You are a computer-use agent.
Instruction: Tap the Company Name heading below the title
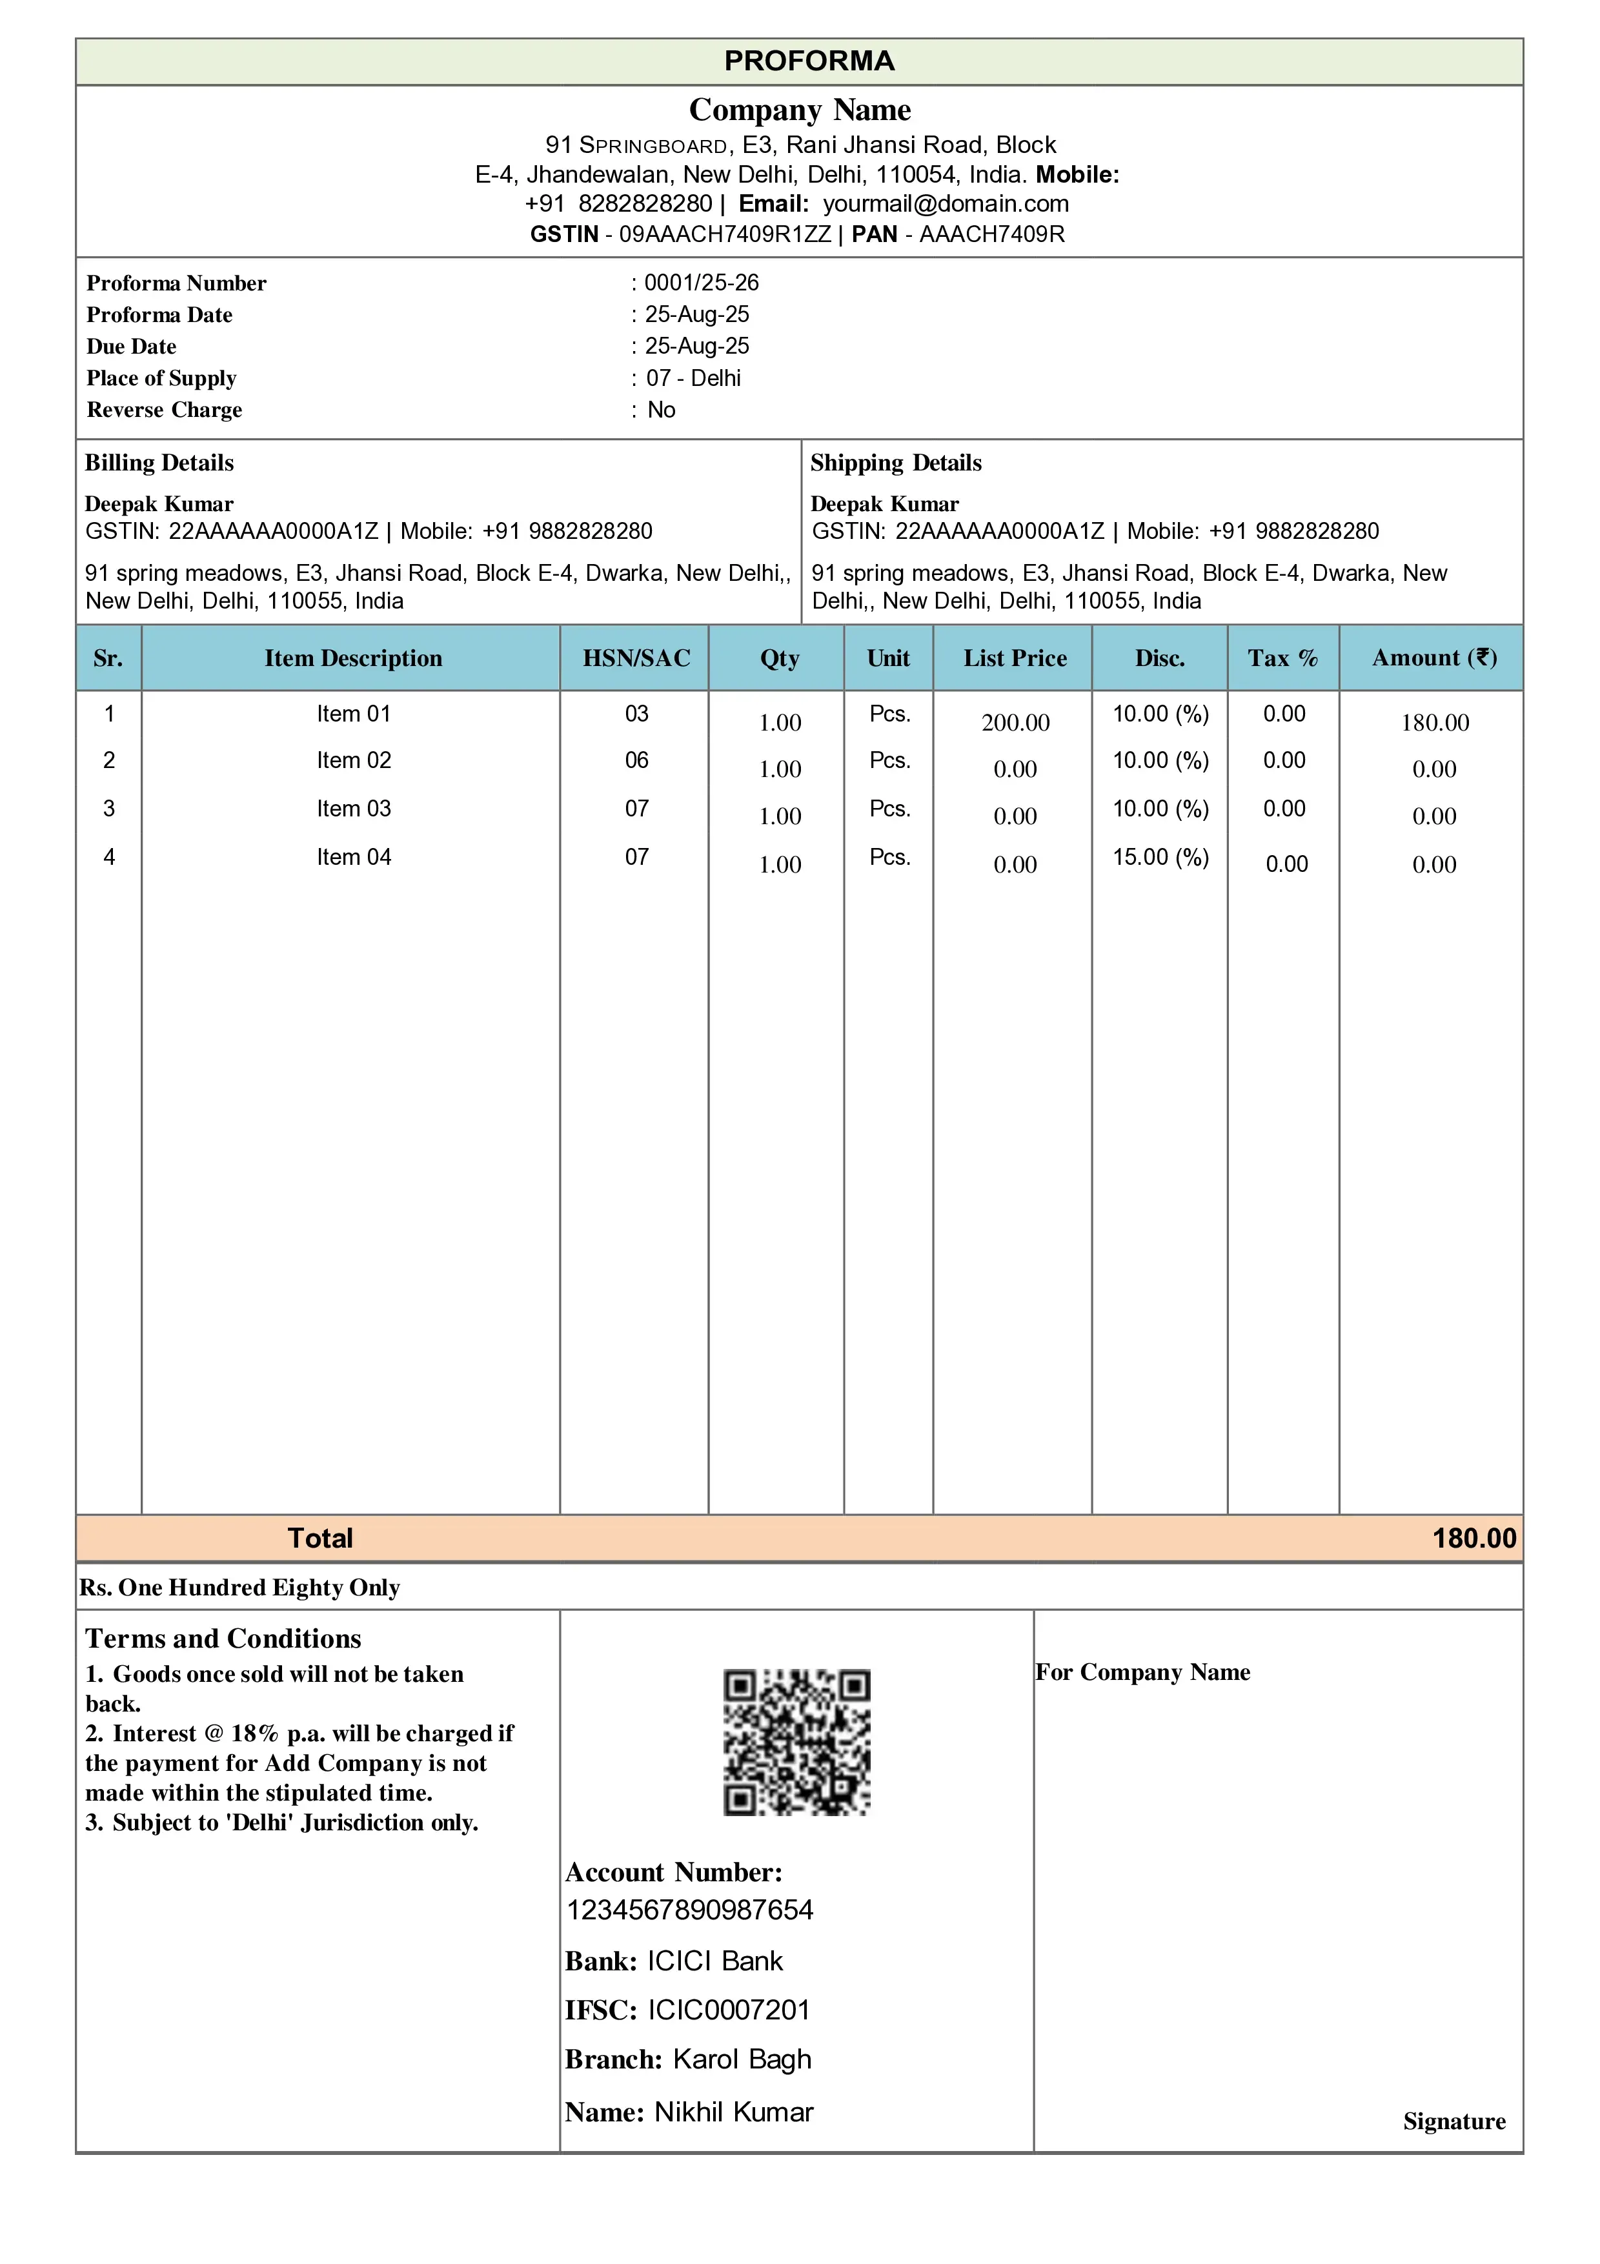pyautogui.click(x=800, y=110)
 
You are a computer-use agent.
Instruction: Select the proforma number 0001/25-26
pyautogui.click(x=701, y=283)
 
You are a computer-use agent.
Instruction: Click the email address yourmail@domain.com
pyautogui.click(x=946, y=204)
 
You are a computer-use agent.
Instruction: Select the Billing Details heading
pyautogui.click(x=159, y=463)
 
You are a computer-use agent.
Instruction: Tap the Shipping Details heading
pyautogui.click(x=895, y=463)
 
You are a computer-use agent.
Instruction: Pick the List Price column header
pyautogui.click(x=1015, y=659)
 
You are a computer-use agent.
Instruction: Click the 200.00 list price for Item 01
pyautogui.click(x=1015, y=723)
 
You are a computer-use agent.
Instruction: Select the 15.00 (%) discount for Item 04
pyautogui.click(x=1160, y=857)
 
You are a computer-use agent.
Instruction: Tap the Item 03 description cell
pyautogui.click(x=353, y=809)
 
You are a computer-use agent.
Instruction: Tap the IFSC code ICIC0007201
pyautogui.click(x=729, y=2010)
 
